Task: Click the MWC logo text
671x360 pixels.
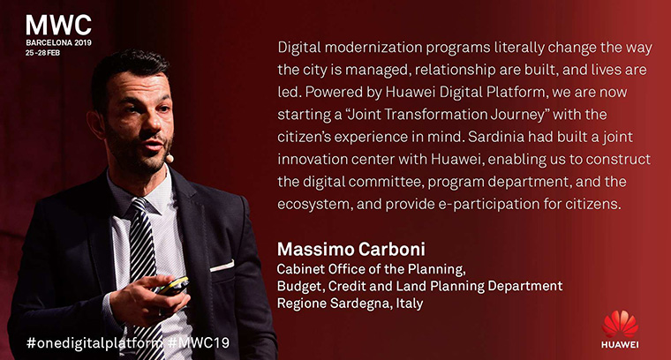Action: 58,26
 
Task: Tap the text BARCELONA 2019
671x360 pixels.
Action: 58,42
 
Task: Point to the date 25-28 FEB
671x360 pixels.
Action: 42,53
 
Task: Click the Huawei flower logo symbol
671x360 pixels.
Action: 620,324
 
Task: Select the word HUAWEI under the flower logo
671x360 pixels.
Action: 620,345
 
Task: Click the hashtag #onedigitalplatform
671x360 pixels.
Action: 94,343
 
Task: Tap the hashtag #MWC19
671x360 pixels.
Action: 199,342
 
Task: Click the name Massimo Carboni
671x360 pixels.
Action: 351,249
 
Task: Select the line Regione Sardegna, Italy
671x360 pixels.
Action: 350,304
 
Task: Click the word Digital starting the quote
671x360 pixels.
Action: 299,48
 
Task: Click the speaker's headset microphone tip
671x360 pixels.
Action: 170,159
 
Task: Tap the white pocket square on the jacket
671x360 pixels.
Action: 222,266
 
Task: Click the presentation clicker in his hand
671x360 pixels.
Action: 173,286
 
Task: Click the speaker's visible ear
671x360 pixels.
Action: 96,124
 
